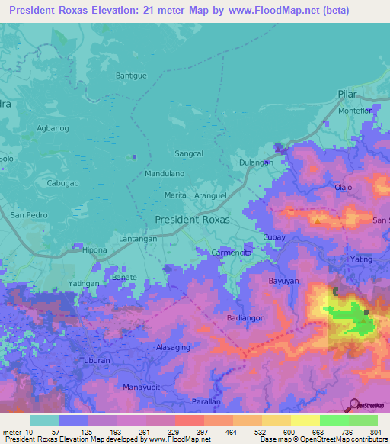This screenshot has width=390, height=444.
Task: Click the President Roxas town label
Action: coord(192,219)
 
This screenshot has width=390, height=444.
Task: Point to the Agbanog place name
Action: coord(52,129)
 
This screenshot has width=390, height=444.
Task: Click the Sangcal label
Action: coord(189,153)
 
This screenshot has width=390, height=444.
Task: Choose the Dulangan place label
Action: coord(256,162)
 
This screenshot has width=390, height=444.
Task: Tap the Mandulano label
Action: coord(165,173)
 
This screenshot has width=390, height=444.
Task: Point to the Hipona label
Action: coord(94,250)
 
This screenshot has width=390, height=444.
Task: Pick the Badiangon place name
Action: coord(246,317)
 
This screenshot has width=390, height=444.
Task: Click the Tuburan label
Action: coord(95,360)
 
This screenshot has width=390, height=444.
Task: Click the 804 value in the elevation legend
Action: coord(377,432)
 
